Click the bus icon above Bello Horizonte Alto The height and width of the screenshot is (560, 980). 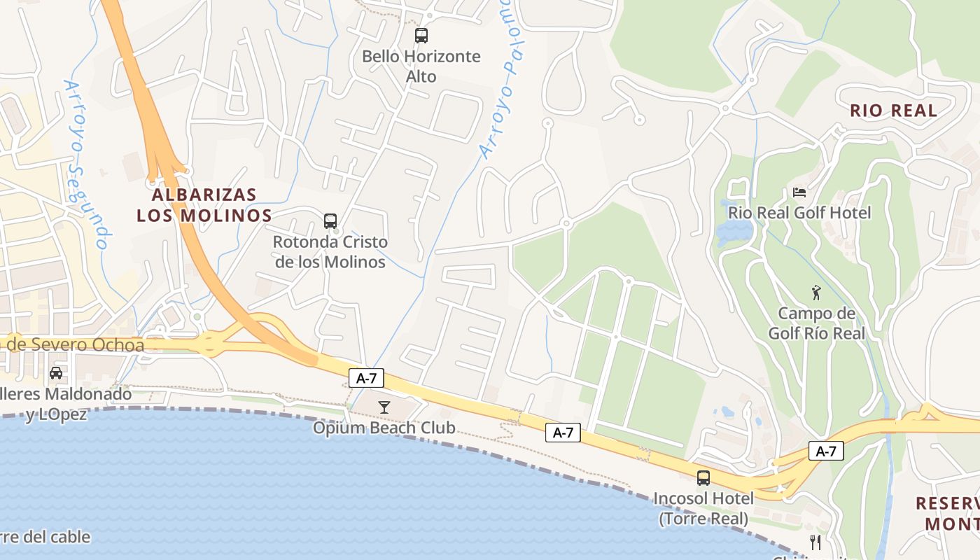(x=421, y=36)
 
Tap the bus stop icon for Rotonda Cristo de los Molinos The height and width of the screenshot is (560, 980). (x=330, y=221)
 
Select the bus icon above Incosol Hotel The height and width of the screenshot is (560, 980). (x=703, y=478)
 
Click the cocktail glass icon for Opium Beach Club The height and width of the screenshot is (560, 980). (x=384, y=407)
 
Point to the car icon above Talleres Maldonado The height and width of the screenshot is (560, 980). (x=56, y=373)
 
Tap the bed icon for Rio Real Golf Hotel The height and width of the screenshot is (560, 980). (x=799, y=192)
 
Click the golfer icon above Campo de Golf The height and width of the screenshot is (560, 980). (x=815, y=293)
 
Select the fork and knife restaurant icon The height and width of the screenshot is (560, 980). (x=815, y=542)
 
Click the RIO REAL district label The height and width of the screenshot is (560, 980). (x=893, y=111)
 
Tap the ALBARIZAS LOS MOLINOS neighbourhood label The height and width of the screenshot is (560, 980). (x=204, y=204)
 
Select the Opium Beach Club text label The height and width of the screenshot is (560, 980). (x=384, y=428)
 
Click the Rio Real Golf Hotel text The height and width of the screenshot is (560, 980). (x=799, y=212)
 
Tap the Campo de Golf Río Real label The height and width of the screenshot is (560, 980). (x=816, y=323)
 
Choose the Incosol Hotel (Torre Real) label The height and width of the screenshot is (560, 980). (x=703, y=508)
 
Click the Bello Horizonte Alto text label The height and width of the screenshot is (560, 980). (x=421, y=66)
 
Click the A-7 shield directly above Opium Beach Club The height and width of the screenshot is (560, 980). (x=367, y=379)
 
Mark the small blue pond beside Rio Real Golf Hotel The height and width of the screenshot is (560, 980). (x=734, y=230)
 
